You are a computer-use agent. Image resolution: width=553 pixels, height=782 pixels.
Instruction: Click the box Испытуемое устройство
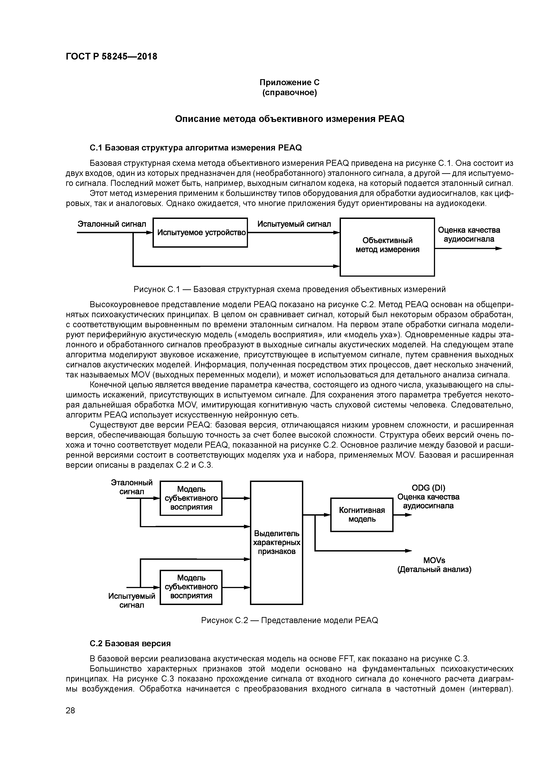pos(200,233)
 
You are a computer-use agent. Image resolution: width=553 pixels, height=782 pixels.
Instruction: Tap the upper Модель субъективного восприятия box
pos(191,498)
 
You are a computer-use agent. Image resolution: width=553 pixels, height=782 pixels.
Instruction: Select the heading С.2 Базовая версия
pos(130,643)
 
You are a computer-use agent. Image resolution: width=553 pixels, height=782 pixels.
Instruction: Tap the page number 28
pos(70,710)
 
